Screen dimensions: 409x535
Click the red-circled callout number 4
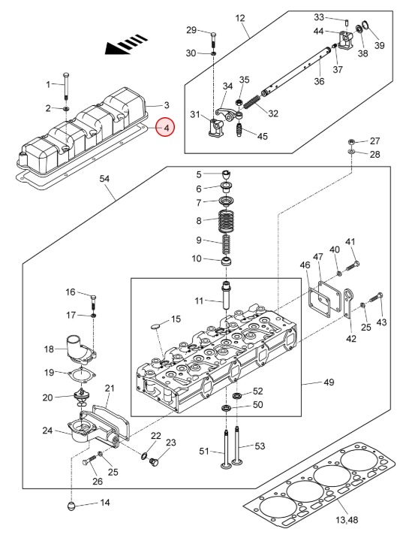point(165,127)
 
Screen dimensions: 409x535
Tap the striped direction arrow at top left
point(126,44)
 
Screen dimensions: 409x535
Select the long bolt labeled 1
point(65,86)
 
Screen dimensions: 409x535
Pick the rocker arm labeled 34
point(224,113)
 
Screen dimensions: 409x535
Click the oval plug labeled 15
point(156,326)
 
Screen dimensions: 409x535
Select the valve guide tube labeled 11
point(227,295)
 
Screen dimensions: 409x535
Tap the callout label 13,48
point(347,520)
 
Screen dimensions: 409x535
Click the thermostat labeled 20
point(82,397)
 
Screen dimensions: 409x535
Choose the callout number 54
point(104,178)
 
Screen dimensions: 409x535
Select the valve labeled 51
point(225,451)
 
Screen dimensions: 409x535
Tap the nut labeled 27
point(351,141)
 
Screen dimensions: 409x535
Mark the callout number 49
point(329,382)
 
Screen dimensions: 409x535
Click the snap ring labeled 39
point(366,26)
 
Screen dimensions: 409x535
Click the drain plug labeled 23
point(155,462)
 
